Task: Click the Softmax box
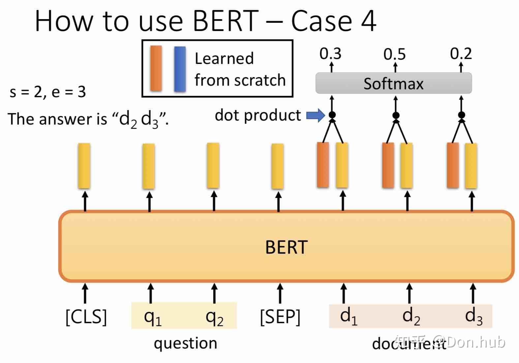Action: tap(393, 83)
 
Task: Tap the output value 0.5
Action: tap(394, 54)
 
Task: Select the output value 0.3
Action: tap(330, 54)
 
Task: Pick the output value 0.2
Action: tap(461, 53)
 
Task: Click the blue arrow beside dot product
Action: tap(315, 115)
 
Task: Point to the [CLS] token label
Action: tap(86, 317)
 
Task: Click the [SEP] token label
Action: tap(280, 317)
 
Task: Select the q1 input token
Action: tap(153, 317)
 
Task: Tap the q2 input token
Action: tap(214, 317)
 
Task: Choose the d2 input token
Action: tap(411, 316)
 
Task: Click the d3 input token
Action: tap(473, 316)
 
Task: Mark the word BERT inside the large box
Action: tap(286, 247)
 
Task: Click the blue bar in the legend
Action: tap(180, 69)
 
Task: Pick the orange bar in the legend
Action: tap(156, 68)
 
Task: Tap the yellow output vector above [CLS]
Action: tap(84, 166)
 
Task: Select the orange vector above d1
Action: tap(323, 165)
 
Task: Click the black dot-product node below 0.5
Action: tap(396, 115)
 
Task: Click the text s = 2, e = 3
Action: tap(48, 92)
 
